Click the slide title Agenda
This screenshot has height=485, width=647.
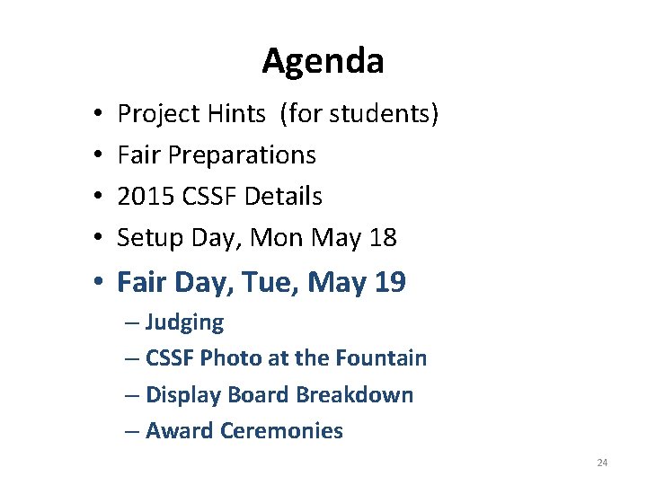[323, 62]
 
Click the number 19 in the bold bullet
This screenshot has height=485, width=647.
[388, 283]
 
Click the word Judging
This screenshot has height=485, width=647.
[184, 322]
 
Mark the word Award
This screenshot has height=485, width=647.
[176, 431]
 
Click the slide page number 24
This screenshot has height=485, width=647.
[602, 463]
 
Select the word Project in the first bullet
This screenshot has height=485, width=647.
[153, 114]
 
